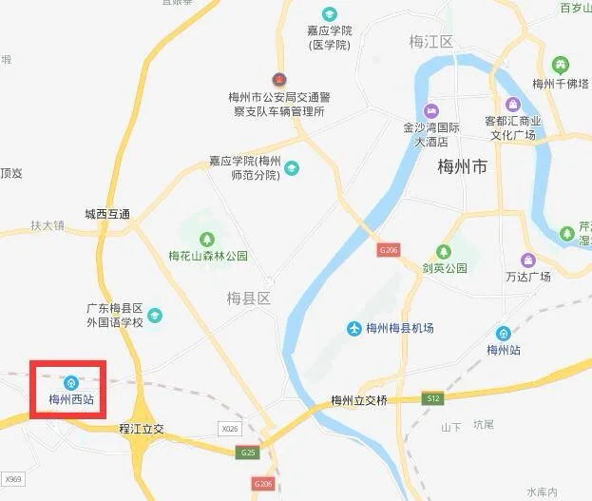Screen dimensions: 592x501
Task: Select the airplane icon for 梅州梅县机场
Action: coord(354,328)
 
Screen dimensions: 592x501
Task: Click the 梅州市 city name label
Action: coord(462,167)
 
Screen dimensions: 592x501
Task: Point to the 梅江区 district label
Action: coord(430,41)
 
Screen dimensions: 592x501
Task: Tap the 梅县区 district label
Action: coord(249,299)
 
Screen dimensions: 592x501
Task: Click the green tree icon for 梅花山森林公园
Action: coord(207,239)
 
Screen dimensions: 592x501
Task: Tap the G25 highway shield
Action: coord(249,452)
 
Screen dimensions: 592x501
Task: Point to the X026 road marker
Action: coord(229,430)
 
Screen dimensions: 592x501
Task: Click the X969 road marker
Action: coord(11,479)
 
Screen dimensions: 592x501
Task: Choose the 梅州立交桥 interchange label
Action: coord(359,400)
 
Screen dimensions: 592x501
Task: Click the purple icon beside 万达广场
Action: coord(527,260)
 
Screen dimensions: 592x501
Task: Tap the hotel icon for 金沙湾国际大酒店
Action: coord(431,109)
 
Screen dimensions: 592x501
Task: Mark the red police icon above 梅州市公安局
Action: coord(278,79)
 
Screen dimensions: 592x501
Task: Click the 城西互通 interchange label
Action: coord(107,215)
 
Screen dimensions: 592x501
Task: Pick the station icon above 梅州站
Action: coord(502,334)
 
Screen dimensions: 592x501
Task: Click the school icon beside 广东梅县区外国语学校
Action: coord(155,316)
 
